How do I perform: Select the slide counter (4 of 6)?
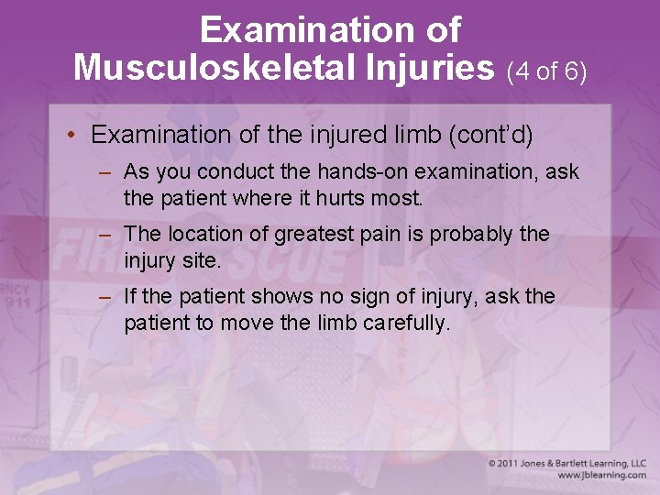click(546, 71)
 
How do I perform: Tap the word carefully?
click(407, 323)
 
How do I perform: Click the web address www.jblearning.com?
click(601, 476)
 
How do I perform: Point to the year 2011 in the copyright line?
click(511, 464)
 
